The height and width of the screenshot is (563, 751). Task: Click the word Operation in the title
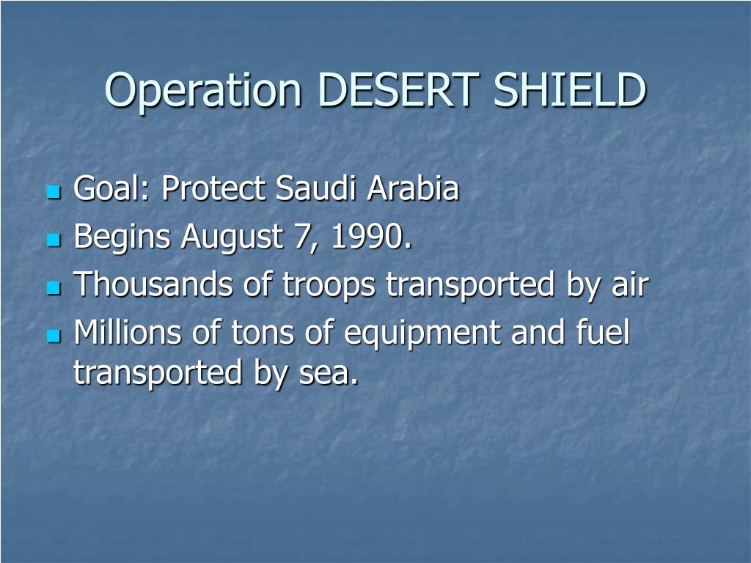(x=203, y=91)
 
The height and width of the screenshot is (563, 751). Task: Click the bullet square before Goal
(x=52, y=193)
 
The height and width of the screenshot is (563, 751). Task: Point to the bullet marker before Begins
(x=52, y=240)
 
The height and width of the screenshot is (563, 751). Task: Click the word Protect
(x=214, y=190)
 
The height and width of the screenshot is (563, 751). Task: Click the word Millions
(x=129, y=334)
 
